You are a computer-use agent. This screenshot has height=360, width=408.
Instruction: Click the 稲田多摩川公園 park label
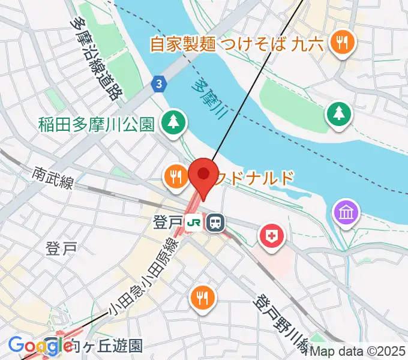click(x=97, y=124)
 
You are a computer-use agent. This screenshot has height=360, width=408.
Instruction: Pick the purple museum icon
click(x=347, y=212)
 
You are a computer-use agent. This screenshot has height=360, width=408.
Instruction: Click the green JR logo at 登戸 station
click(x=194, y=223)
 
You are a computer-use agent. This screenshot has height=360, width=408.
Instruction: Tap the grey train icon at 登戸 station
click(x=214, y=223)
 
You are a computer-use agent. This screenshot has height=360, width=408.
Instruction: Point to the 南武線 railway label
click(x=53, y=178)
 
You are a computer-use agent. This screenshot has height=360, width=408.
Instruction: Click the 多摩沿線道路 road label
click(x=92, y=58)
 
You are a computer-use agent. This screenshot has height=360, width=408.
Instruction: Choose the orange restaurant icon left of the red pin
click(x=175, y=177)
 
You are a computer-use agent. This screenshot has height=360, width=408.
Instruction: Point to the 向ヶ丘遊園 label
click(x=106, y=346)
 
